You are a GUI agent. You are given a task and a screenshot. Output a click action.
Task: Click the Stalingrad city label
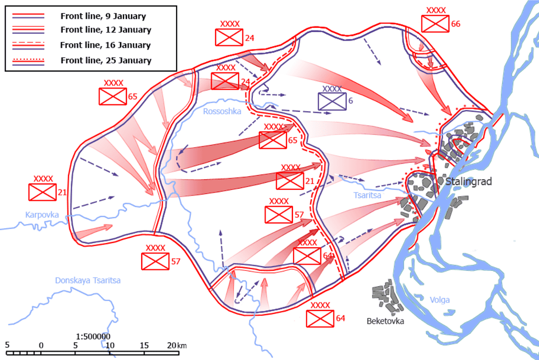468,182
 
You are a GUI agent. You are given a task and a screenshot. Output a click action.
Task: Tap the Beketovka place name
386,320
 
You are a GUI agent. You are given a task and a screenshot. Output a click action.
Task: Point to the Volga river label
439,300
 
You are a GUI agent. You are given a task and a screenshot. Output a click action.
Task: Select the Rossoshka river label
222,111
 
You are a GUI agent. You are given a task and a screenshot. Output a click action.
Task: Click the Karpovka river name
42,215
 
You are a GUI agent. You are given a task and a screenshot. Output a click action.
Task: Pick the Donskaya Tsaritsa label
88,280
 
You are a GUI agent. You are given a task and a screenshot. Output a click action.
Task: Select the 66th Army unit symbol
435,24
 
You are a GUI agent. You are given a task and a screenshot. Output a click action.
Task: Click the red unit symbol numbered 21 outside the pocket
42,192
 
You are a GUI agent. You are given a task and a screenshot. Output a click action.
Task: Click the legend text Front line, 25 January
105,60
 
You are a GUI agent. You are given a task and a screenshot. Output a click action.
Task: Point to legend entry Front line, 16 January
105,45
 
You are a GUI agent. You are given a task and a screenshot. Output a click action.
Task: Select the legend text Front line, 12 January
105,30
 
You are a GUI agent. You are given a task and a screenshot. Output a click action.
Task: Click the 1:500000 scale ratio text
93,336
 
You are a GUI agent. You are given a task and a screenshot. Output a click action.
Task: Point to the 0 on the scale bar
41,345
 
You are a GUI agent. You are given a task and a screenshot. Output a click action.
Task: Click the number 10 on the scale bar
110,345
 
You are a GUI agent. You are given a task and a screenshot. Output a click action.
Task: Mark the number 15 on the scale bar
143,345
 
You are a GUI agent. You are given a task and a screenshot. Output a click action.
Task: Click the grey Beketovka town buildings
386,298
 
